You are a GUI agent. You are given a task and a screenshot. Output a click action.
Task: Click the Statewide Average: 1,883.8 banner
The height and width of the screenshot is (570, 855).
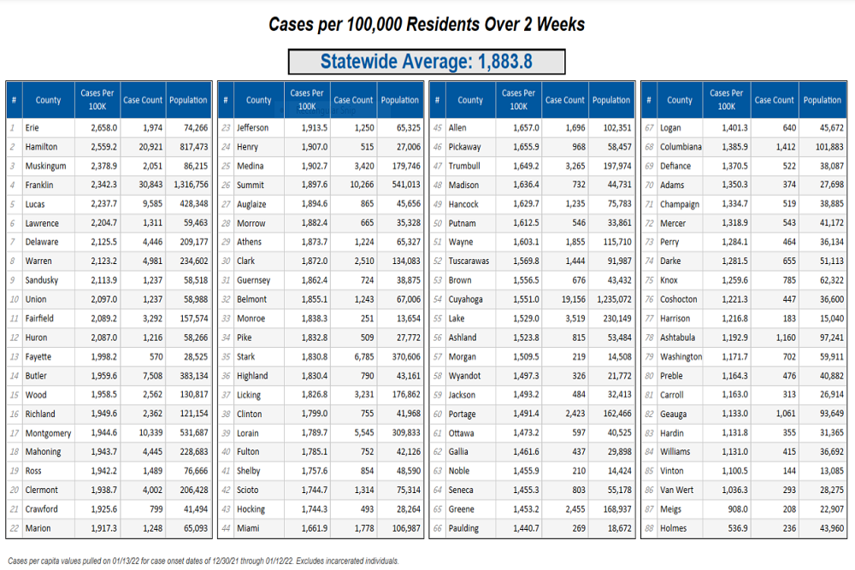pyautogui.click(x=427, y=62)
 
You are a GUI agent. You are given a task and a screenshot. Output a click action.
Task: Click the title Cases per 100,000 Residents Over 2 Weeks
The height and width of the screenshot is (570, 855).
pyautogui.click(x=427, y=24)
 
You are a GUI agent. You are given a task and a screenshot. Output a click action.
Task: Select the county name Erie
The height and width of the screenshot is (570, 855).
pyautogui.click(x=32, y=128)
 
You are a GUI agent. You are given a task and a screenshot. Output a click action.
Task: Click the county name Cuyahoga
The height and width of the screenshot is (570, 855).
pyautogui.click(x=465, y=300)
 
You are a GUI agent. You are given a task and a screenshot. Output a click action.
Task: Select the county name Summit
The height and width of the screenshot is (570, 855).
pyautogui.click(x=251, y=185)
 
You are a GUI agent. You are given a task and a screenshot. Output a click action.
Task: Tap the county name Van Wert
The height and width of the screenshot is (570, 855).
pyautogui.click(x=676, y=491)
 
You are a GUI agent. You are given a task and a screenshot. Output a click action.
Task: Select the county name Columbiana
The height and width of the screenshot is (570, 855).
pyautogui.click(x=681, y=147)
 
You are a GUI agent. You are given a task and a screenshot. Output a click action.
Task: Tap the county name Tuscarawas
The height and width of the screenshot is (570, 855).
pyautogui.click(x=469, y=261)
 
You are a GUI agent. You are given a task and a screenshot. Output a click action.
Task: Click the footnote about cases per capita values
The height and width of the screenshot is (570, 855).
pyautogui.click(x=203, y=561)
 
